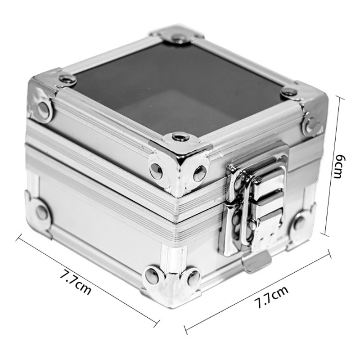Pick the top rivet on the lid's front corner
[180, 136]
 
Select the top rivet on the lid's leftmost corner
[67, 80]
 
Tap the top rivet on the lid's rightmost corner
[289, 92]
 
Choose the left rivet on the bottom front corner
[152, 275]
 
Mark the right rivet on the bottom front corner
[194, 278]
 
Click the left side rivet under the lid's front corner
[156, 170]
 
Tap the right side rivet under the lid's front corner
[200, 173]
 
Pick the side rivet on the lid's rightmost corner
[310, 125]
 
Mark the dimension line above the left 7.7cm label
[88, 279]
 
